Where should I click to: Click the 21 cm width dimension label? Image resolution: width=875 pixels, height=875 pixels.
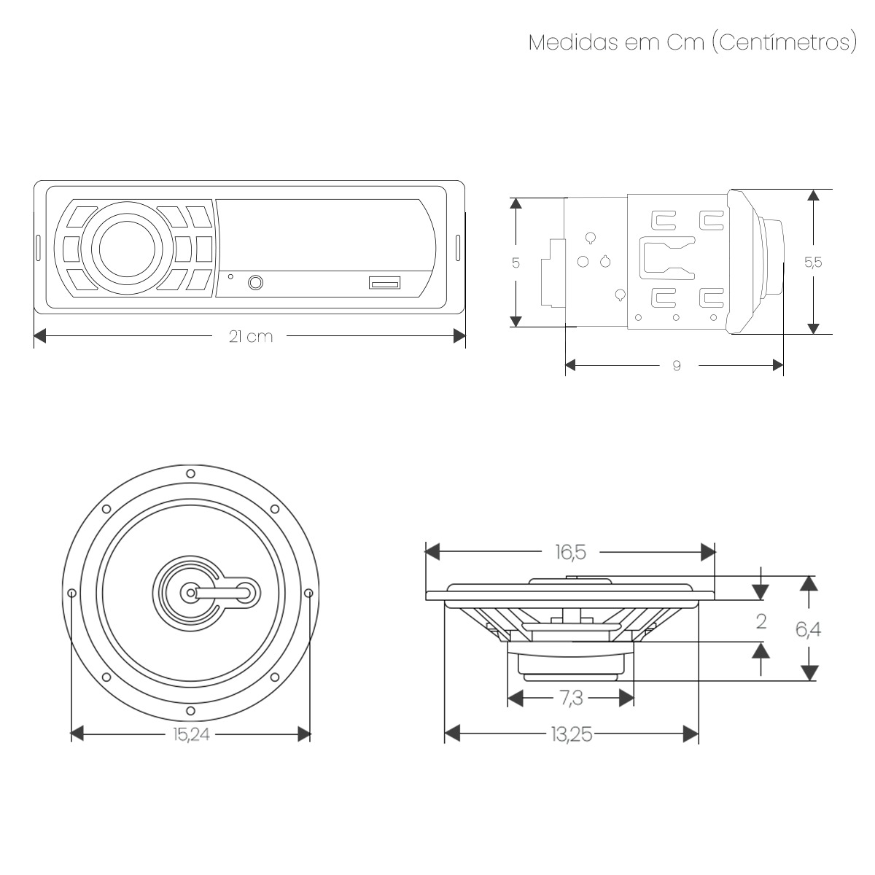251,336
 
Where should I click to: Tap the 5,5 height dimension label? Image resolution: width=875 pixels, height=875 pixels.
813,262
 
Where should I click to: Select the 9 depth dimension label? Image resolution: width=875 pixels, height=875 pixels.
677,365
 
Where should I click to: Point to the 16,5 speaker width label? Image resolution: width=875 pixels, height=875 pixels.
570,552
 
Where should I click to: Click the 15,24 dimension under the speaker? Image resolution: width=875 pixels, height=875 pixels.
191,734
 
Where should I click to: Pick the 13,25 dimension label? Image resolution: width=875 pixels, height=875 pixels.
572,734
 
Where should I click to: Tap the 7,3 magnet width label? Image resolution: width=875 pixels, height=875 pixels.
571,699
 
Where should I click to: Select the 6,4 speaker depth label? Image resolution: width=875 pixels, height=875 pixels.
808,629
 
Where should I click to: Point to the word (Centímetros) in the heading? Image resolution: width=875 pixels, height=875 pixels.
784,43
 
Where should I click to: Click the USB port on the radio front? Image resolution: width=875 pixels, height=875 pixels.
384,283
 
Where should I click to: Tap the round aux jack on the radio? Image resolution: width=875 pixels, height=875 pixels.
256,282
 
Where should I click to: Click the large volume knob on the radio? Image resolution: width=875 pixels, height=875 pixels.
127,249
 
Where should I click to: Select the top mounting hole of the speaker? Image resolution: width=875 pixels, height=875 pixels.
191,474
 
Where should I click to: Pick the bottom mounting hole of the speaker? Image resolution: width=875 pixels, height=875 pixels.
191,711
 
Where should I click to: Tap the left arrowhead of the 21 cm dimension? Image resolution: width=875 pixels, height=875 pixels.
40,336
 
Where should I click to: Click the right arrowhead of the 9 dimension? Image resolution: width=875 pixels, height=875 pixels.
778,365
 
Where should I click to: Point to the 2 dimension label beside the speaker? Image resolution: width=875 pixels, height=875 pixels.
761,622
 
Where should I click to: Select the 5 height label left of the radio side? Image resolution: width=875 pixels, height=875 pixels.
516,263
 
